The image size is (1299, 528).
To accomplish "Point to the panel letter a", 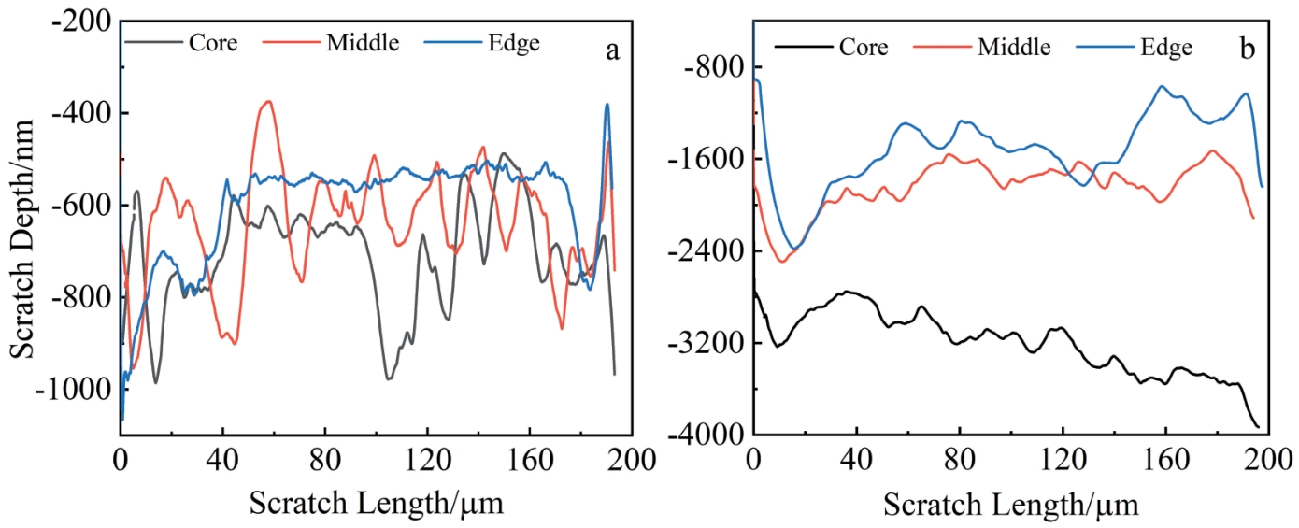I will (x=612, y=50).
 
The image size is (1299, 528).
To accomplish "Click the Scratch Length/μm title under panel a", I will (x=376, y=506).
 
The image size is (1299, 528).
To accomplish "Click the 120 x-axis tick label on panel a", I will (x=427, y=460).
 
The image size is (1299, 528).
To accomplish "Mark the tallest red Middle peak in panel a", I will (x=269, y=102).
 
